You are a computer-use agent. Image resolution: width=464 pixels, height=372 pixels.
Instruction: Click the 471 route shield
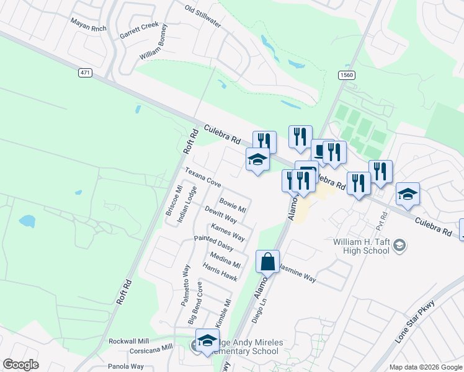click(x=86, y=73)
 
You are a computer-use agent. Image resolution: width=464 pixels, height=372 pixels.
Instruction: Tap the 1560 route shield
click(x=346, y=75)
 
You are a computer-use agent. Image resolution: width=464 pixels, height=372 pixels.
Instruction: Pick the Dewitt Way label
click(x=221, y=215)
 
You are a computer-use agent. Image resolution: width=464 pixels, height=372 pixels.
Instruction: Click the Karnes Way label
click(x=228, y=232)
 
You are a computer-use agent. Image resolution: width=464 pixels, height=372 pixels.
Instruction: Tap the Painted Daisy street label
click(x=213, y=243)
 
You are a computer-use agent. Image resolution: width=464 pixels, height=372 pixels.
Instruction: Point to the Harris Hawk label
click(x=220, y=272)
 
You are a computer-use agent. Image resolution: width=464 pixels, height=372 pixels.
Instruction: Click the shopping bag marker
click(x=267, y=262)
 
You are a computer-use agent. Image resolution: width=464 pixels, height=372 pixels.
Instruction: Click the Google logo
click(x=20, y=365)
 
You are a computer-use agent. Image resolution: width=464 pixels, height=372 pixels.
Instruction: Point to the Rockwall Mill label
click(x=129, y=342)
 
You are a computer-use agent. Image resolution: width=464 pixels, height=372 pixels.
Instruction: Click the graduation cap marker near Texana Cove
click(x=258, y=161)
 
